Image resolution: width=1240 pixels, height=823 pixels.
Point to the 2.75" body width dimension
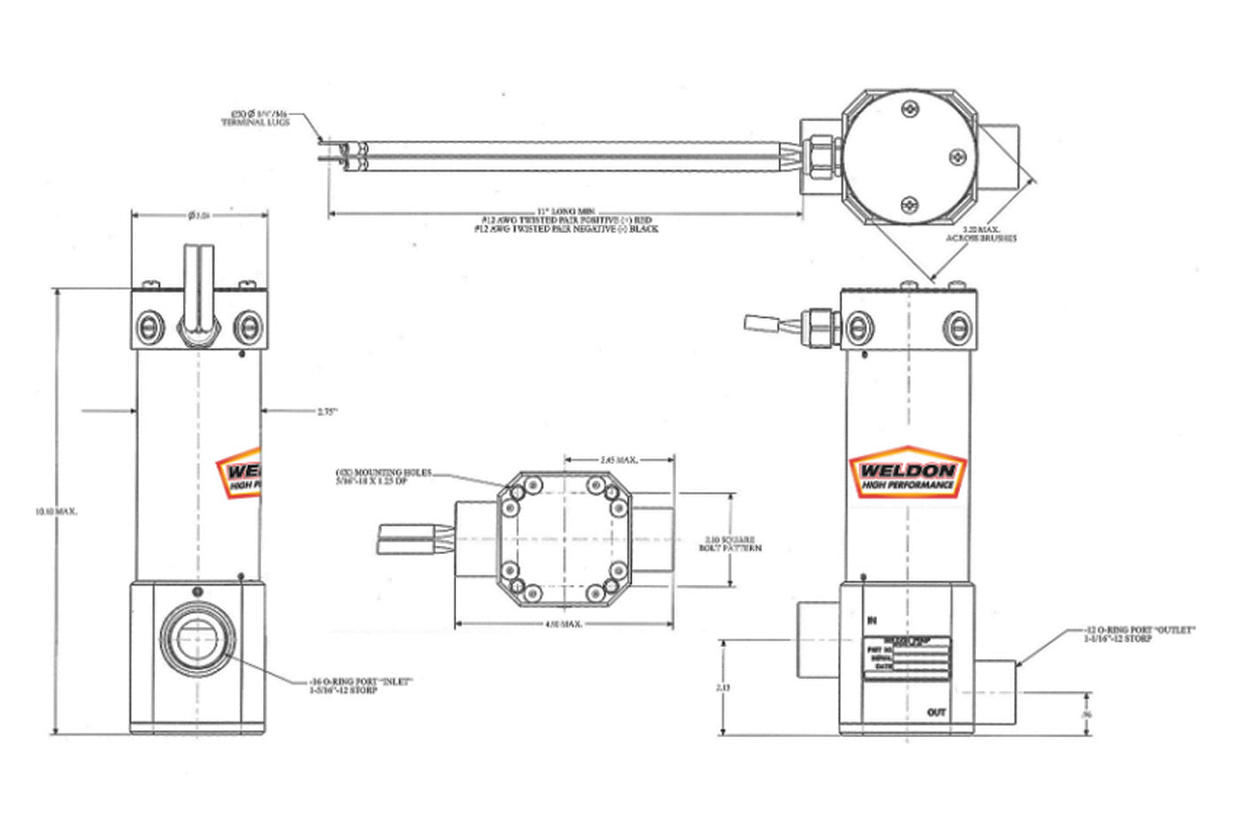[328, 411]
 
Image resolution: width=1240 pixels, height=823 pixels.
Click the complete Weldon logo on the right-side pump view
[908, 471]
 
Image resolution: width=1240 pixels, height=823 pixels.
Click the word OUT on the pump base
[936, 712]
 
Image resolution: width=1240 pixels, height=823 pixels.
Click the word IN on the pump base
[872, 621]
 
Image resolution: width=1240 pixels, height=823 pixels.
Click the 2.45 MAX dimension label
[619, 460]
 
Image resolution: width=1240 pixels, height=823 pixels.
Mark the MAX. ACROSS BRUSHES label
[980, 234]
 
